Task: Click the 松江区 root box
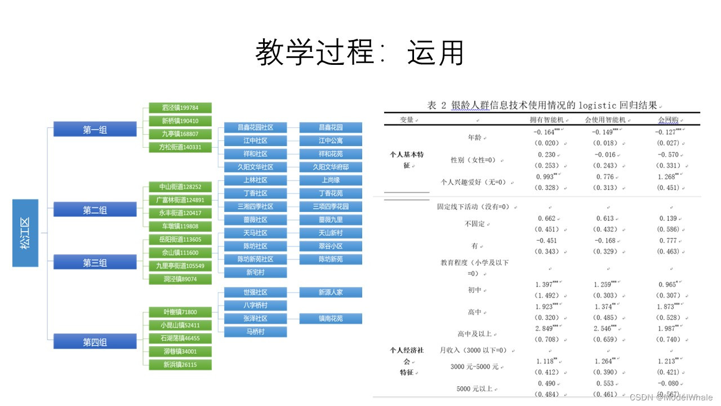click(x=25, y=232)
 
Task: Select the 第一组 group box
click(x=95, y=130)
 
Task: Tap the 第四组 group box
click(x=95, y=342)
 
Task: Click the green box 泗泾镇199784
click(x=180, y=108)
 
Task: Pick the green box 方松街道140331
click(x=180, y=147)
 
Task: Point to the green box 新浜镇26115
click(x=180, y=364)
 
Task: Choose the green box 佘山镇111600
click(x=180, y=253)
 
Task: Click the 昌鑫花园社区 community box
click(x=255, y=127)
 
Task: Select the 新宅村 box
click(x=255, y=272)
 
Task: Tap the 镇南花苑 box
click(x=331, y=319)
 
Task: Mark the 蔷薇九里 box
click(x=331, y=219)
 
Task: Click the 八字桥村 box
click(x=255, y=305)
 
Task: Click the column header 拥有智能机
click(x=546, y=120)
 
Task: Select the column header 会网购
click(x=668, y=120)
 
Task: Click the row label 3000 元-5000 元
click(x=474, y=367)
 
